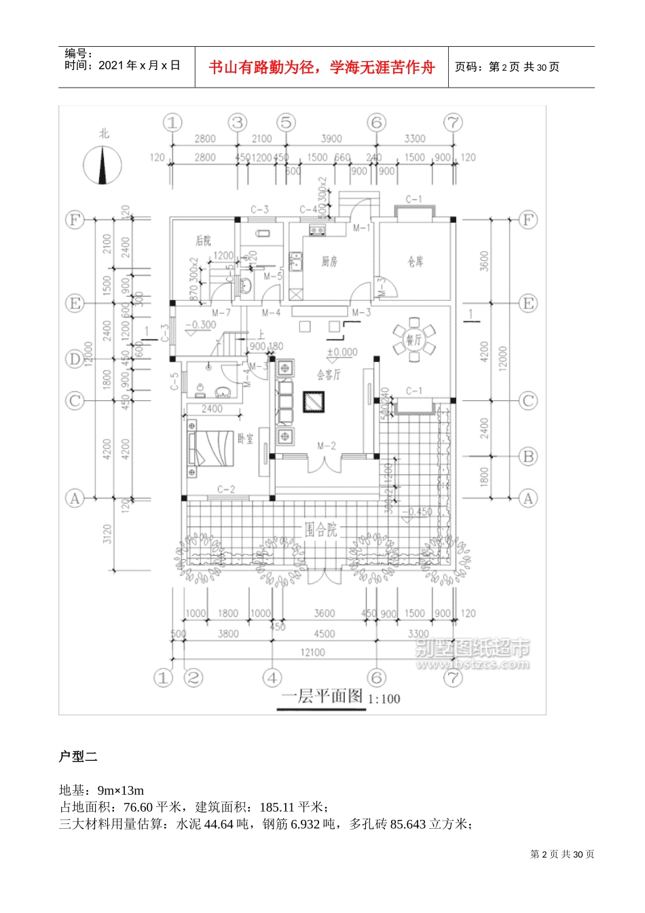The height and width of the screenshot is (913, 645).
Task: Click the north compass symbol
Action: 103,166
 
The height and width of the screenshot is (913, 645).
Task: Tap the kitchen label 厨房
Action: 329,262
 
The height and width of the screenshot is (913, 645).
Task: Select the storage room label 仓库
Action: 416,262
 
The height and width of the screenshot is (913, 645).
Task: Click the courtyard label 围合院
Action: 320,529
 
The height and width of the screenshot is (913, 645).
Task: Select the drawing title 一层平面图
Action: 322,696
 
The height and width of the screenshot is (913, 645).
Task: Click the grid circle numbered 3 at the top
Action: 238,123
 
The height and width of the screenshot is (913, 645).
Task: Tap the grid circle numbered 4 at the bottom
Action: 273,677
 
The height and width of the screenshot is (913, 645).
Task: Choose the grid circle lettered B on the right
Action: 528,456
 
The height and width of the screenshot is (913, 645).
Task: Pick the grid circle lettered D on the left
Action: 74,359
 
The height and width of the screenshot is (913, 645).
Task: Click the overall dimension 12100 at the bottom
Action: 312,652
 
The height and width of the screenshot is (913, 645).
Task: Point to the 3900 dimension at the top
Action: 331,139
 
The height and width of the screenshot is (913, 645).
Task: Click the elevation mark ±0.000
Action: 342,353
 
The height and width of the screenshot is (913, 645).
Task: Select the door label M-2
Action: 327,446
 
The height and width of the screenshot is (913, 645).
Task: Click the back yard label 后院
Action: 203,240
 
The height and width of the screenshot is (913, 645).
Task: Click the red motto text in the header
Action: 321,68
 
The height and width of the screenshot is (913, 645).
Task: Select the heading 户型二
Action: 79,756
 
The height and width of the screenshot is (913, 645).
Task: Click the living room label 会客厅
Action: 329,375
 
